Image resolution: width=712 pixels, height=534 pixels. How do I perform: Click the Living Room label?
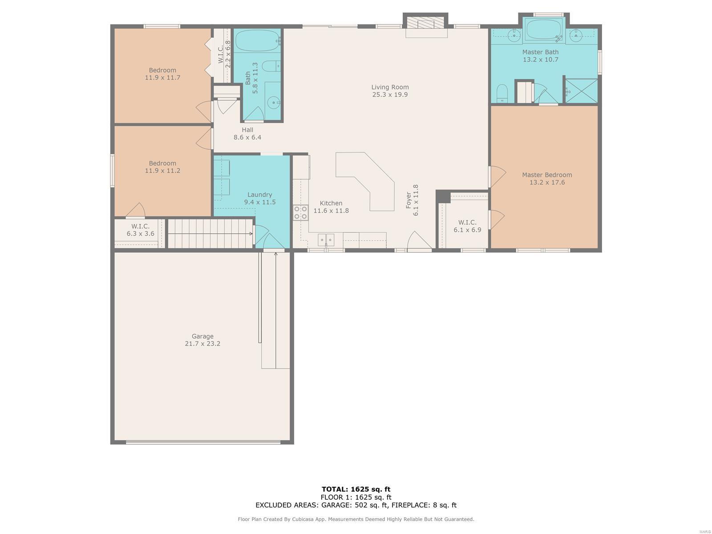(390, 87)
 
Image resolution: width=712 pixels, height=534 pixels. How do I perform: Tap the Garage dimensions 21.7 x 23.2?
(202, 344)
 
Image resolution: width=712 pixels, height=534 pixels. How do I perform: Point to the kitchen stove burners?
(300, 213)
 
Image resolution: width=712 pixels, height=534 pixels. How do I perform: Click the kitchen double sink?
(326, 240)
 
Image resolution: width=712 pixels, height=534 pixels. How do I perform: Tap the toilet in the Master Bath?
(502, 93)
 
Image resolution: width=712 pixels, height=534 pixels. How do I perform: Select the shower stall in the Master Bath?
(581, 91)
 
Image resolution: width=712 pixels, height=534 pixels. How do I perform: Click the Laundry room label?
(259, 194)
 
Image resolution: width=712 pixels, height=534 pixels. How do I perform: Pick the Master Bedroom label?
(547, 175)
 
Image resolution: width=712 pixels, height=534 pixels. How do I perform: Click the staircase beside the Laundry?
(210, 234)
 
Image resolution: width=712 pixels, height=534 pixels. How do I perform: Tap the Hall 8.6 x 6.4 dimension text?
(247, 137)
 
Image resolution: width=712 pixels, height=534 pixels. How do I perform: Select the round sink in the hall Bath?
(273, 103)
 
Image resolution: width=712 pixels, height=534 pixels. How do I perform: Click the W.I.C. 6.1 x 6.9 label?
(467, 226)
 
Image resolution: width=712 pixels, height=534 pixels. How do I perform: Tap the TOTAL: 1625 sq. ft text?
(356, 489)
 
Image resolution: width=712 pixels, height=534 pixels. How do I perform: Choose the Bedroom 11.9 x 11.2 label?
(162, 167)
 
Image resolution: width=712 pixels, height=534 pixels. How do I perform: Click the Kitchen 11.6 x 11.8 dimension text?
(331, 211)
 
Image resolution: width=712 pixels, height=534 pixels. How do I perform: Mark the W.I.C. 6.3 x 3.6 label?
(140, 230)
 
